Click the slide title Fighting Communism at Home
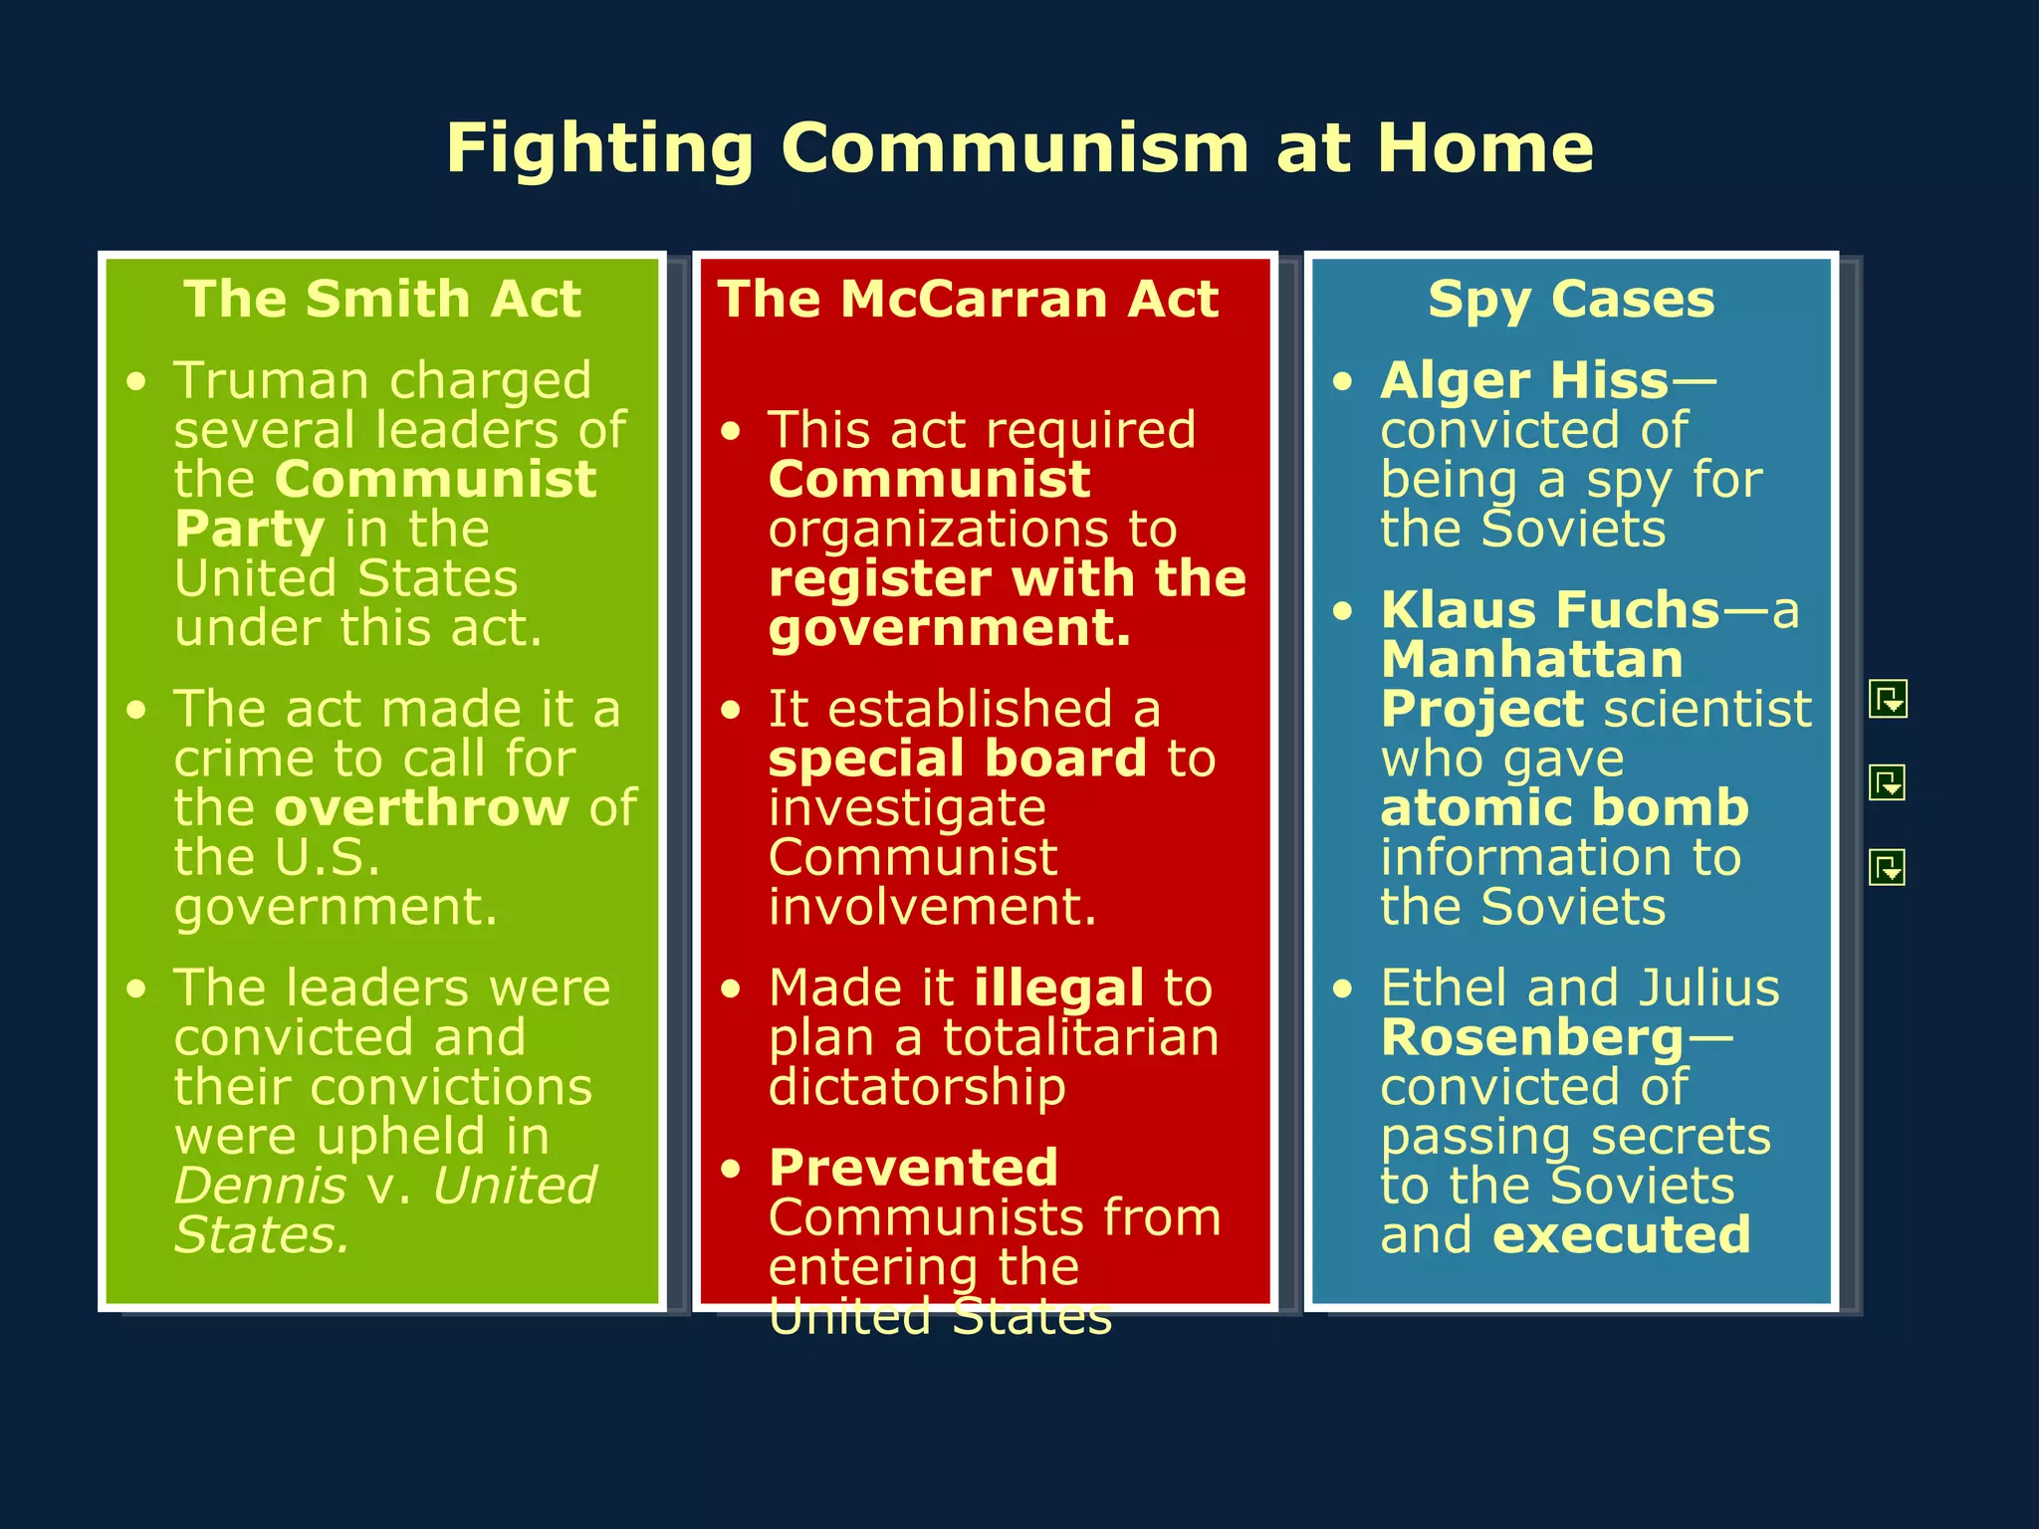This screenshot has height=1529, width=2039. coord(1019,149)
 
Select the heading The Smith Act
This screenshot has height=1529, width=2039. coord(382,299)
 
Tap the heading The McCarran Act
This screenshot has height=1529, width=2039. coord(968,299)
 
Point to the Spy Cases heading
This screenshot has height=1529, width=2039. coord(1571,299)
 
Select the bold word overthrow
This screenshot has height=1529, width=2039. coord(422,807)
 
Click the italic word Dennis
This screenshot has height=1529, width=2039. coord(260,1186)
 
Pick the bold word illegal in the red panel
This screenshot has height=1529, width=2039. coord(1058,988)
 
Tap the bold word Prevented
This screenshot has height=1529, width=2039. coord(913,1168)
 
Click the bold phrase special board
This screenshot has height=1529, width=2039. coord(958,760)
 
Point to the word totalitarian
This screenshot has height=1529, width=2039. coord(1080,1038)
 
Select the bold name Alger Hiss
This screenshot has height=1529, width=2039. coord(1524,381)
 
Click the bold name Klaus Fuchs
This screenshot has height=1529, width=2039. coord(1550,610)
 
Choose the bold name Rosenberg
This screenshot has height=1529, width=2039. coord(1532,1038)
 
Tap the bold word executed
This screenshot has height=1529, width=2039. coord(1622,1235)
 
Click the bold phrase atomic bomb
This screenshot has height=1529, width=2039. coord(1564,807)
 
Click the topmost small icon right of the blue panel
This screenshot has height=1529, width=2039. coord(1888,699)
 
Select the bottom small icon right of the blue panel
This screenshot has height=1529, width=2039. coord(1888,867)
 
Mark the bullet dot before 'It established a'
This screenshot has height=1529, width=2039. coord(732,711)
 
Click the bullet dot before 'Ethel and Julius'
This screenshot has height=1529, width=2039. coord(1343,989)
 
